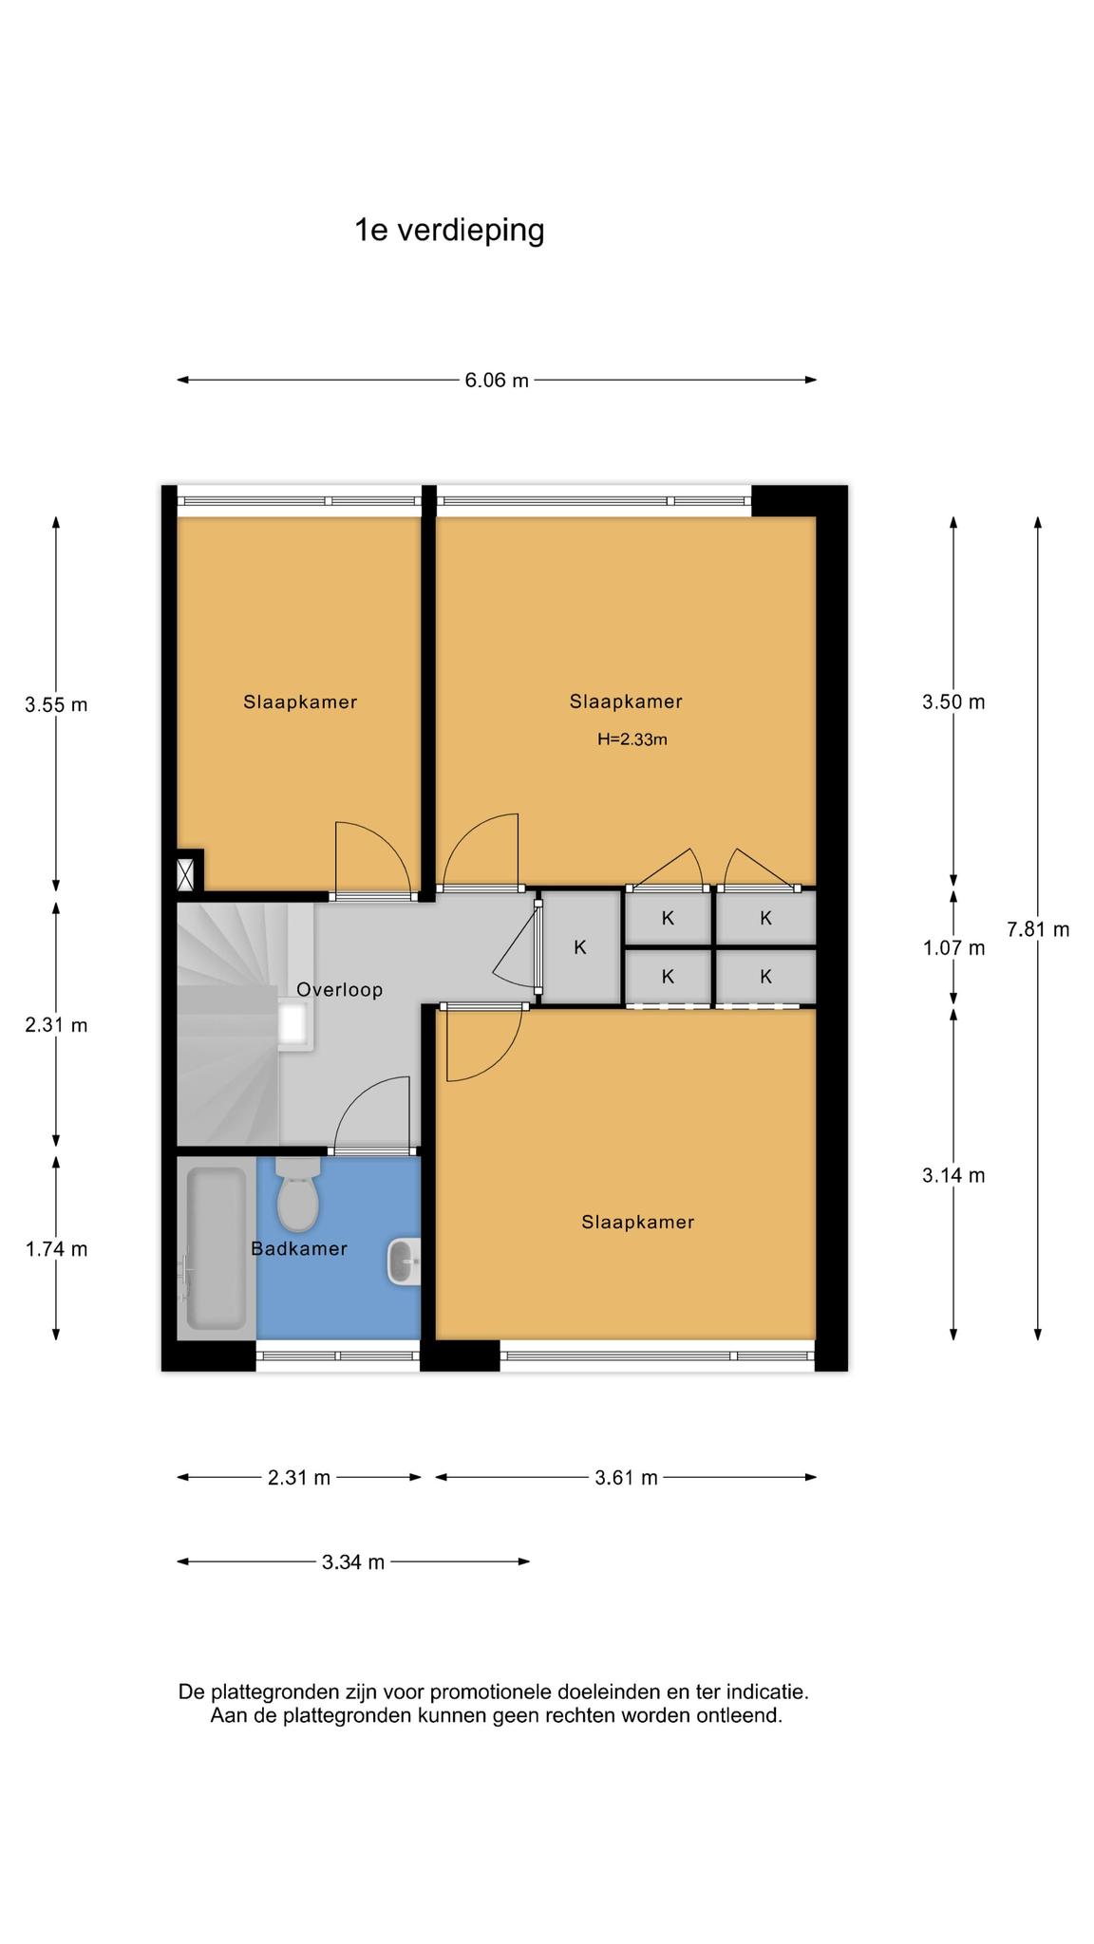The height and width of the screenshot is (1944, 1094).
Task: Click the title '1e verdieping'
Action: point(449,231)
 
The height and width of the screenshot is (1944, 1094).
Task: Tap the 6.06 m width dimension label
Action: point(497,381)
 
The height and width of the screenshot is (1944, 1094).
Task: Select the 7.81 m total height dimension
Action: point(1038,929)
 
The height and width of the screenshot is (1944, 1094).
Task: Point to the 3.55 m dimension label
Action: point(56,704)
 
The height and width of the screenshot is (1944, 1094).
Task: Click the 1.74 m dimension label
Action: point(56,1249)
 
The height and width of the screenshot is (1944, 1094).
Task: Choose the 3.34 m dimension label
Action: point(353,1562)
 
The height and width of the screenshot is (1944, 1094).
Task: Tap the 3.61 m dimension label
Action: point(626,1478)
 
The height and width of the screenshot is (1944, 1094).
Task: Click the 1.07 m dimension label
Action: point(953,948)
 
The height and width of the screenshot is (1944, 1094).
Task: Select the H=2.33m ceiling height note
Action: point(632,739)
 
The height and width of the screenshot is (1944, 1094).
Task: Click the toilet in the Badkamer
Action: point(297,1193)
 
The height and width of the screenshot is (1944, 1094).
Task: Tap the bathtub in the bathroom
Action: point(217,1248)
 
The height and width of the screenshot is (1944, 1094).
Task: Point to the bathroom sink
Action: point(403,1262)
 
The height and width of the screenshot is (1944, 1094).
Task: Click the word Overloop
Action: point(339,990)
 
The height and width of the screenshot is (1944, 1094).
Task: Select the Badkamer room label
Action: point(299,1249)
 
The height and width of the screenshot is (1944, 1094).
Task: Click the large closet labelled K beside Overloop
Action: point(580,947)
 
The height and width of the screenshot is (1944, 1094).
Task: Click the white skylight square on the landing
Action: point(292,1022)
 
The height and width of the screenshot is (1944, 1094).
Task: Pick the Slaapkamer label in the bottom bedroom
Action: point(638,1223)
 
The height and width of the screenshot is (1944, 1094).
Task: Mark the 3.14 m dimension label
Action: point(953,1176)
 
